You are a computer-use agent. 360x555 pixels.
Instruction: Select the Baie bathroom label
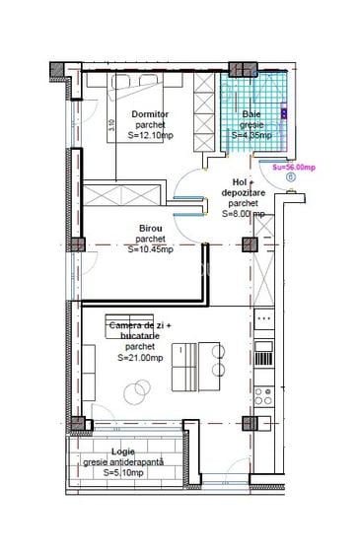click(x=252, y=114)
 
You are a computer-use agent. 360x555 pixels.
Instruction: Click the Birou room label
click(x=150, y=228)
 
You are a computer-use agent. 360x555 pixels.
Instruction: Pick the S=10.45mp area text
click(x=150, y=249)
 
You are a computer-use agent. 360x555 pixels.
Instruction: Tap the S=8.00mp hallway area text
click(x=244, y=213)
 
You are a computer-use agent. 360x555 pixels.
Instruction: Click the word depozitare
click(x=244, y=193)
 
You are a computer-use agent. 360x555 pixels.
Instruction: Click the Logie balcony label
click(x=124, y=451)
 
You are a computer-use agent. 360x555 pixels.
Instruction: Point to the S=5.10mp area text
click(x=124, y=473)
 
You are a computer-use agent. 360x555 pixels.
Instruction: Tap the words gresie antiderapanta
click(x=124, y=461)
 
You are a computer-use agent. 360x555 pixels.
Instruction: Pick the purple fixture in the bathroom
click(x=284, y=113)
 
